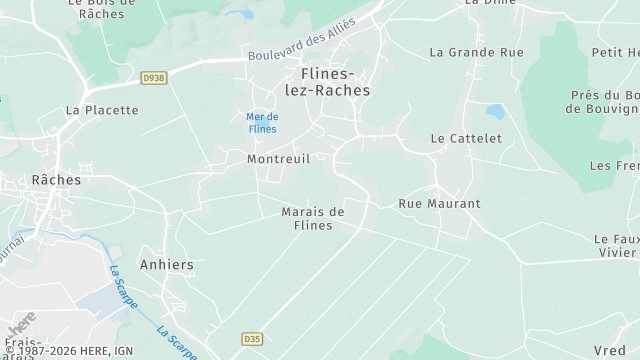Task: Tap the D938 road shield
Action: [x=153, y=76]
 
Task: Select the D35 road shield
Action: [x=252, y=339]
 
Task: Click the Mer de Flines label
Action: [x=262, y=123]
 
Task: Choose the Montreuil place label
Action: [x=279, y=158]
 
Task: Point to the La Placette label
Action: [x=101, y=110]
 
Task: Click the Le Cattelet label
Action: [x=465, y=138]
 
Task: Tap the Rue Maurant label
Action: [x=440, y=203]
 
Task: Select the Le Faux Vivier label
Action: [x=615, y=246]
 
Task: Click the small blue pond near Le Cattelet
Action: [x=495, y=110]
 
